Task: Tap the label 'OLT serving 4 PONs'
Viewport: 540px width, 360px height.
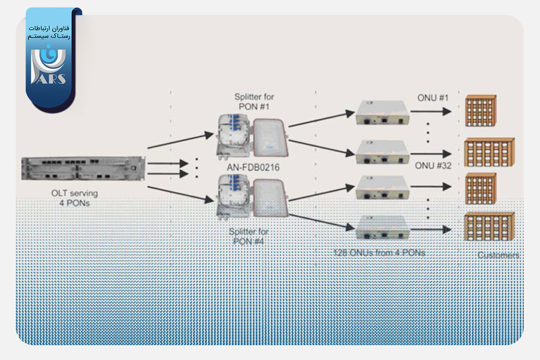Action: click(75, 198)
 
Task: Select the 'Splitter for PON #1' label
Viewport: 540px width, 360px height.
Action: click(254, 101)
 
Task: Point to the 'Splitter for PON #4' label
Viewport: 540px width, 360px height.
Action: click(248, 237)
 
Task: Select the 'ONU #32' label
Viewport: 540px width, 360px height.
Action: click(433, 166)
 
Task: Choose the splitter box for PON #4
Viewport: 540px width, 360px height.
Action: click(252, 198)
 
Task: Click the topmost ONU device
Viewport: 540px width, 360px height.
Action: click(382, 112)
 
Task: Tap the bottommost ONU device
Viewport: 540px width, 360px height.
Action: click(382, 229)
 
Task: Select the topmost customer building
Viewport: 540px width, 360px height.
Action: click(481, 111)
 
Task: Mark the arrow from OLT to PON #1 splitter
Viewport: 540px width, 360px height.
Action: click(180, 140)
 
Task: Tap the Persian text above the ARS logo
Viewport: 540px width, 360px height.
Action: click(49, 32)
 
